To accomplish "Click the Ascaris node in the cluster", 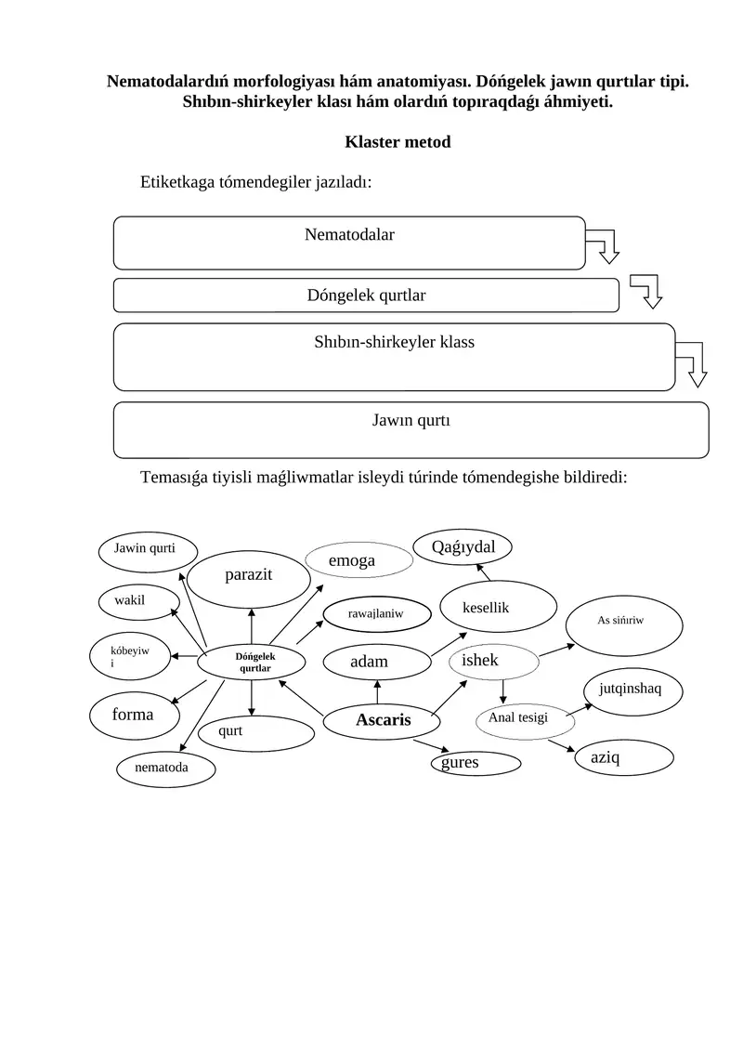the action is pyautogui.click(x=382, y=721).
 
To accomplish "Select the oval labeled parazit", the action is pyautogui.click(x=249, y=579).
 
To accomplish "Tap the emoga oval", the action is pyautogui.click(x=358, y=559).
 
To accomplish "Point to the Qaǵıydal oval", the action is pyautogui.click(x=463, y=547).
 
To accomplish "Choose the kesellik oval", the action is pyautogui.click(x=498, y=607).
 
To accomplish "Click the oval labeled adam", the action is pyautogui.click(x=376, y=663).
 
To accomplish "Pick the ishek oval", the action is pyautogui.click(x=494, y=663).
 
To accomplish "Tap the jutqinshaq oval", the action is pyautogui.click(x=632, y=690).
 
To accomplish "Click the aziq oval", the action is pyautogui.click(x=624, y=757).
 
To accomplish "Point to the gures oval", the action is pyautogui.click(x=476, y=764).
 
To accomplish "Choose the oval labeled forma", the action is pyautogui.click(x=135, y=716).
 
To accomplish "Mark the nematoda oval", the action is pyautogui.click(x=165, y=769).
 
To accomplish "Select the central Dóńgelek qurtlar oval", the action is pyautogui.click(x=252, y=663).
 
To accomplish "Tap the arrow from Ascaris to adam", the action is pyautogui.click(x=377, y=692).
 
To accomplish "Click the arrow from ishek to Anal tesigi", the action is pyautogui.click(x=503, y=691).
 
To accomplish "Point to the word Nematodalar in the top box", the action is pyautogui.click(x=349, y=234).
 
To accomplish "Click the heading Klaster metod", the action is pyautogui.click(x=398, y=142).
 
